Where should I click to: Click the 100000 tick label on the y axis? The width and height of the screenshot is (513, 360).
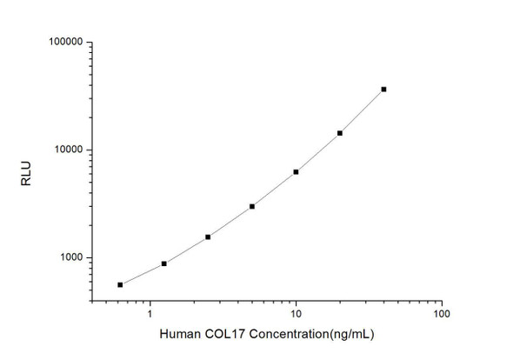pos(63,42)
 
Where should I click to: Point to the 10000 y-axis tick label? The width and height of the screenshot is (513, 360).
pos(65,150)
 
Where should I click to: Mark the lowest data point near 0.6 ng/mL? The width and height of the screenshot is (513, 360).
pos(120,284)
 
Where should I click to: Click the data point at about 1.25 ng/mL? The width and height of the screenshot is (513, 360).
pos(164,263)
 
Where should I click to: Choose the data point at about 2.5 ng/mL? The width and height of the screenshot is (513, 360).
pos(208,237)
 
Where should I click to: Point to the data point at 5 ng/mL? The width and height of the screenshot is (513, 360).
pos(252,206)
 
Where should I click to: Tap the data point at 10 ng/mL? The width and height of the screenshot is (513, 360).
pos(296,172)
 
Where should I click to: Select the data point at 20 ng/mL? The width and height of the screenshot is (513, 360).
pos(340,133)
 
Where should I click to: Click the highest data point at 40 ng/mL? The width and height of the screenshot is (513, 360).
pos(383,89)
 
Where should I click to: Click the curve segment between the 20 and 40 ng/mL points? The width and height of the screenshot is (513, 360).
pos(362,111)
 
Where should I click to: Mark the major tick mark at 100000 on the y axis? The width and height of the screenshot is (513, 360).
pos(90,42)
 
